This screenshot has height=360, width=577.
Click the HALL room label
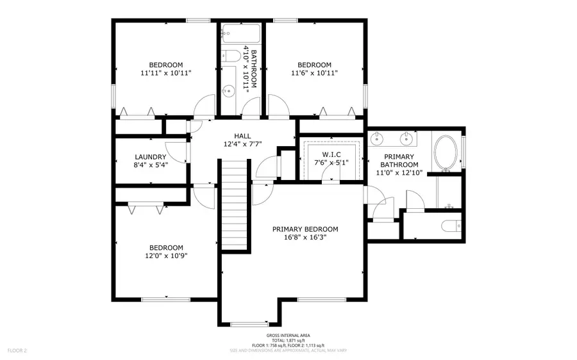[242, 136]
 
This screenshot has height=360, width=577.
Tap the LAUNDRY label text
[151, 157]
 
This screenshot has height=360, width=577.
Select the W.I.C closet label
[331, 154]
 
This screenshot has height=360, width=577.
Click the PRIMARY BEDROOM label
[305, 229]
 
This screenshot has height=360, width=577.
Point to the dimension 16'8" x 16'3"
[305, 237]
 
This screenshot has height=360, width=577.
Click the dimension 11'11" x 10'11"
[166, 73]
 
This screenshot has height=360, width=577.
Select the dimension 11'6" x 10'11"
[314, 73]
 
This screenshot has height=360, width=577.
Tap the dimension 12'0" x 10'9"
[166, 256]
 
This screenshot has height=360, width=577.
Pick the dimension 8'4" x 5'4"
[151, 165]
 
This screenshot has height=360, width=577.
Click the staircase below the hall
[235, 205]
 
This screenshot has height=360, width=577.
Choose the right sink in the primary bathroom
[406, 137]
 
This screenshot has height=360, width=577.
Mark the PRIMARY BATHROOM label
[399, 160]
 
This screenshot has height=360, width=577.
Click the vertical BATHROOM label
[254, 67]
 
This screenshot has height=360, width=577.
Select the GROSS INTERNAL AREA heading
[288, 336]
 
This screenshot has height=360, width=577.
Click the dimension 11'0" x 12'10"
[399, 173]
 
